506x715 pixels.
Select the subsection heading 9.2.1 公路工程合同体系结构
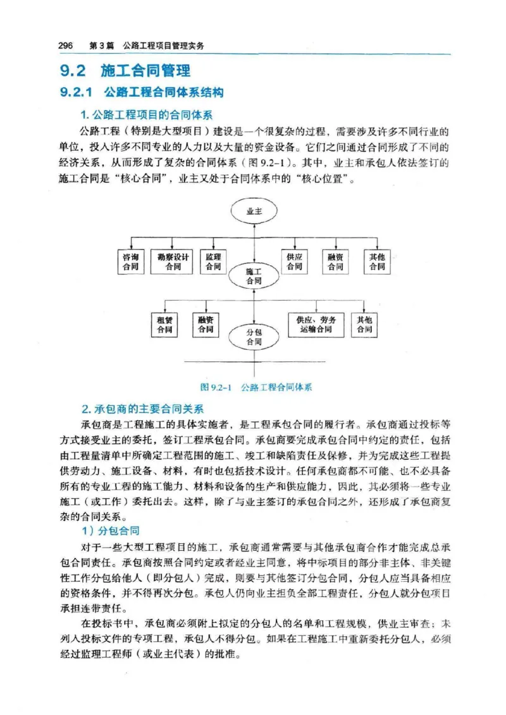pyautogui.click(x=141, y=93)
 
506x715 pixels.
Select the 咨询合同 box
pyautogui.click(x=132, y=262)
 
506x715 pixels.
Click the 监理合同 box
pyautogui.click(x=213, y=262)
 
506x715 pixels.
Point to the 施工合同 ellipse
pyautogui.click(x=254, y=276)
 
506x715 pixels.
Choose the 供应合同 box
pyautogui.click(x=294, y=262)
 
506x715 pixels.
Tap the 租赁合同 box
pyautogui.click(x=164, y=325)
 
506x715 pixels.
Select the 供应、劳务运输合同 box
pyautogui.click(x=316, y=325)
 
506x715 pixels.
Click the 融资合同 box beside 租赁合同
pyautogui.click(x=206, y=325)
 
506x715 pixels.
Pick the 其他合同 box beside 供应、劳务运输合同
pyautogui.click(x=364, y=325)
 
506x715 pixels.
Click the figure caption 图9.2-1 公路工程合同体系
pyautogui.click(x=256, y=387)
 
